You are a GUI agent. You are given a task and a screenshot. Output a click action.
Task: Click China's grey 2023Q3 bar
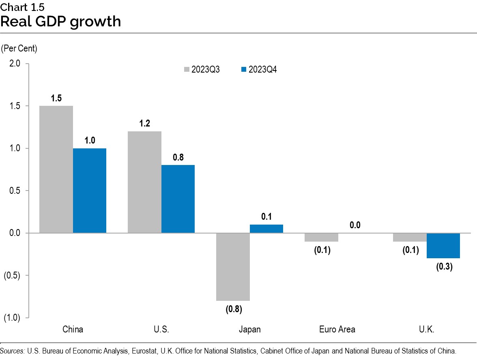(x=56, y=169)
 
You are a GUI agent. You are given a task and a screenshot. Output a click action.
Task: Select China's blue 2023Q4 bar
(x=90, y=191)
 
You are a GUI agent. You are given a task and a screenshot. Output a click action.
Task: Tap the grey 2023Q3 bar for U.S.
(x=144, y=182)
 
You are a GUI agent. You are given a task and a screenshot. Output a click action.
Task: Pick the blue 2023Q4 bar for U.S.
(x=178, y=199)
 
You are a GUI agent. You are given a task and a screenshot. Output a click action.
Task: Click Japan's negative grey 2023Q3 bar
(x=233, y=267)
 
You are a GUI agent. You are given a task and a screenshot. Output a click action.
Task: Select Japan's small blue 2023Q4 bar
(x=266, y=229)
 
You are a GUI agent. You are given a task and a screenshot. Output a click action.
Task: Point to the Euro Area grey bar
(x=322, y=237)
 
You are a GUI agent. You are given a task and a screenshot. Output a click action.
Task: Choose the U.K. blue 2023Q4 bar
(x=443, y=246)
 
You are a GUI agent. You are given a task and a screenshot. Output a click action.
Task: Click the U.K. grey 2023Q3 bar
(x=410, y=237)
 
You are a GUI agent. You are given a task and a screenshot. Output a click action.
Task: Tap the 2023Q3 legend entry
(x=202, y=69)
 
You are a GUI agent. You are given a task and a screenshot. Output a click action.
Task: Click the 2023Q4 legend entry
(x=259, y=69)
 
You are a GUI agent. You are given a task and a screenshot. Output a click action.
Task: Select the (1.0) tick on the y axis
(x=12, y=318)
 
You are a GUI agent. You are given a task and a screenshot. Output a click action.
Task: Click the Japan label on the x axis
(x=249, y=329)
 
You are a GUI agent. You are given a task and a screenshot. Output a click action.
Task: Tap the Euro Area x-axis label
(x=337, y=329)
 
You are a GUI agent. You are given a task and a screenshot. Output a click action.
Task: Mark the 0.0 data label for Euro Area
(x=355, y=225)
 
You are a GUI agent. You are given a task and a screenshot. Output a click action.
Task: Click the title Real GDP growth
(x=61, y=21)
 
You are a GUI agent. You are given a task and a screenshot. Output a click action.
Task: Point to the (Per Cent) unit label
(x=19, y=49)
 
